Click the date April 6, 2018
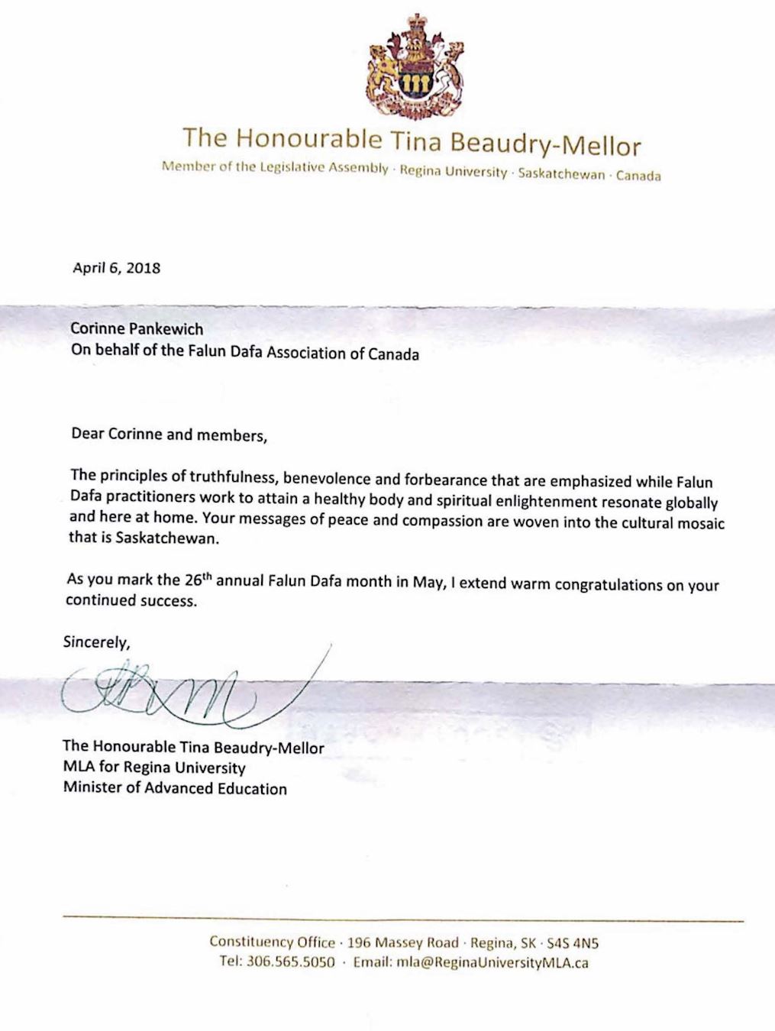pos(116,268)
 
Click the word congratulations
pos(548,587)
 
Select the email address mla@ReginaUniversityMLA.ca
pos(492,963)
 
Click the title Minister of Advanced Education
pos(176,789)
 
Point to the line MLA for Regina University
pos(154,768)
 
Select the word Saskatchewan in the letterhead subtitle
pos(561,174)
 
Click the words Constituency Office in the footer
pos(272,942)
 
